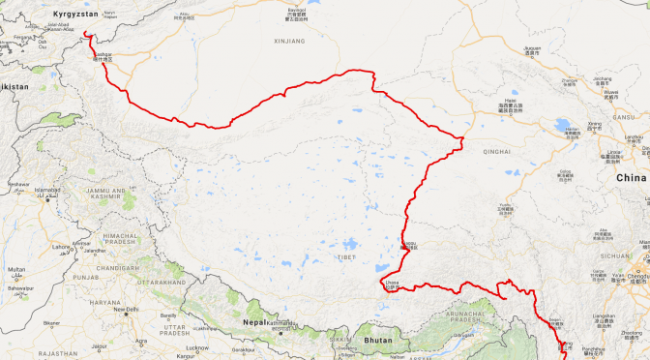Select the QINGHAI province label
(x=496, y=151)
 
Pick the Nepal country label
(x=255, y=321)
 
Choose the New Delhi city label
(x=126, y=310)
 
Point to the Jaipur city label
(x=102, y=346)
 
